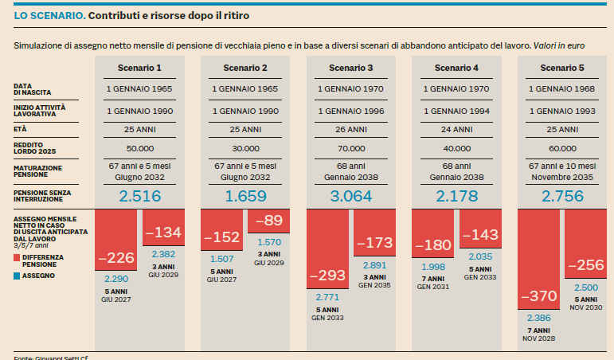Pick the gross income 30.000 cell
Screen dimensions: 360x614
[x=245, y=148]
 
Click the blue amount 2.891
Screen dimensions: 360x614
[x=375, y=266]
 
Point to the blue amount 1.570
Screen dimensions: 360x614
[x=269, y=242]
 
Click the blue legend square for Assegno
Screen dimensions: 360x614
[x=17, y=275]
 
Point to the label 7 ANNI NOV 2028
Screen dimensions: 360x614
[x=539, y=334]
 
